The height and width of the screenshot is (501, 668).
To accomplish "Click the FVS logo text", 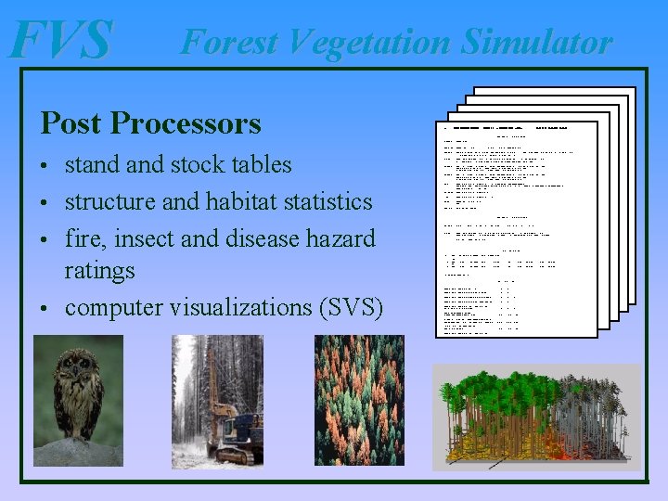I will (60, 40).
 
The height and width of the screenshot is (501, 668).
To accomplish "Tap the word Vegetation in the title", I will (372, 42).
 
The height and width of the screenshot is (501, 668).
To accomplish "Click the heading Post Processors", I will (150, 122).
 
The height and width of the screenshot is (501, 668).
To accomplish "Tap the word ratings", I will (99, 271).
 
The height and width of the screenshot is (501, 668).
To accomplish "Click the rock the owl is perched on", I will (78, 451).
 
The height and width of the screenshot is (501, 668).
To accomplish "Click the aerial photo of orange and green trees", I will (359, 399).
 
